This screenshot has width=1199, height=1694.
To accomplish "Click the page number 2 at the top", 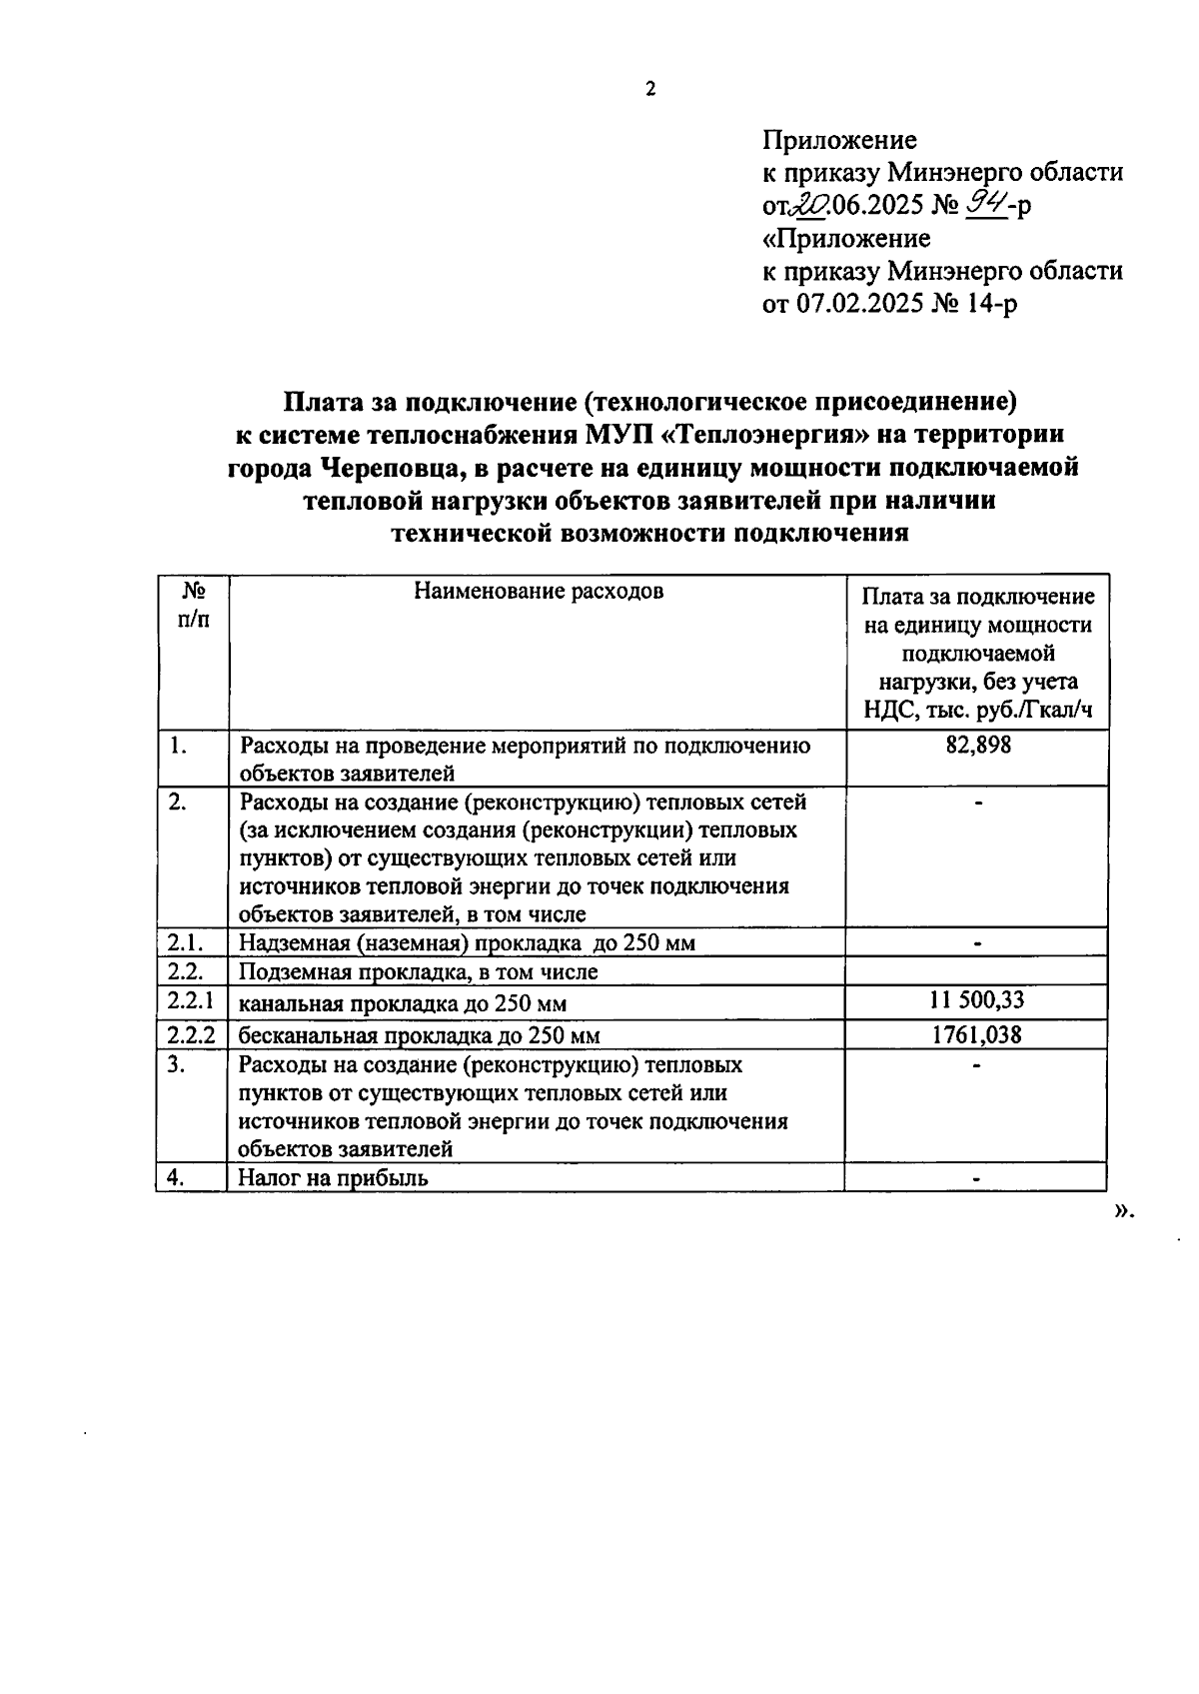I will coord(650,90).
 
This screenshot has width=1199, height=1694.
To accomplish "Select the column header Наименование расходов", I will coord(539,591).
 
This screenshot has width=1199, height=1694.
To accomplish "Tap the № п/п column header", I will coord(194,605).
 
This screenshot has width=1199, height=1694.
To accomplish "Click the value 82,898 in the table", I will coord(977,745).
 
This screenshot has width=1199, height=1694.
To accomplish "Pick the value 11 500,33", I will coord(976,1000).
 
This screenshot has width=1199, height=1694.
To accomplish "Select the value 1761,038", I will coord(976,1034).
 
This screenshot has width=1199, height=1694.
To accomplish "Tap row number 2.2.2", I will coord(191,1034).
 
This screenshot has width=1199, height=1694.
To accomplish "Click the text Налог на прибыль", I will coord(333,1177).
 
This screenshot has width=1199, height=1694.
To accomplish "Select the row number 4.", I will coord(176,1177).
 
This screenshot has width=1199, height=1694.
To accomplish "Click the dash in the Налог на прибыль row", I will coord(976,1179).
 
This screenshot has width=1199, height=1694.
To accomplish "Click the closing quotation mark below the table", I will coord(1124,1210).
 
